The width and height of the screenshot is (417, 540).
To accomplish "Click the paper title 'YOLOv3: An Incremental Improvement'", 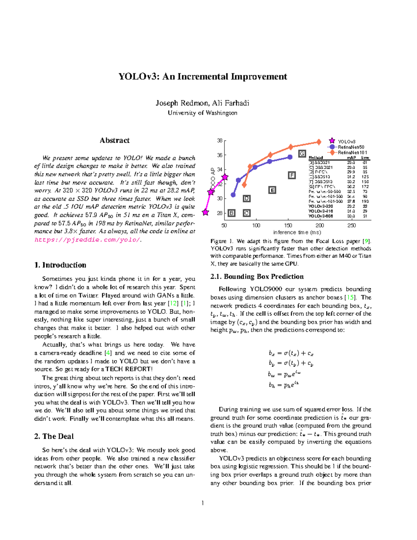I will coord(203,76).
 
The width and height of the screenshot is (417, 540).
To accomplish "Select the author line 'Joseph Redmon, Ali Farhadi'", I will coord(202,103).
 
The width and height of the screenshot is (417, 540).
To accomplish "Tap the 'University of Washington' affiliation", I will coord(202,113).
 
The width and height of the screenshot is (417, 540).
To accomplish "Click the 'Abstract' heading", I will coord(114,140).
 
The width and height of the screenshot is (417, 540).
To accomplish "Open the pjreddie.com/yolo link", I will coord(87,240).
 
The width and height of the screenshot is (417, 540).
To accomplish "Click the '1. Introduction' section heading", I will coord(60,265).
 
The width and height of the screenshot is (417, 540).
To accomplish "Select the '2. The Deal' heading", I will coord(54,436).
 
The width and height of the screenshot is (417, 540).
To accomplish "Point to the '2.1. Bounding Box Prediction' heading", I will coord(257,276).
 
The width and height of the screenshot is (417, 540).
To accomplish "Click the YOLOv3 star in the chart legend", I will coord(332,141).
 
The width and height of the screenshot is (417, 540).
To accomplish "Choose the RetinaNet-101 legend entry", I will coord(352,152).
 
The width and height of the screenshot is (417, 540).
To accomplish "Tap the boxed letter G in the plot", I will coord(302,154).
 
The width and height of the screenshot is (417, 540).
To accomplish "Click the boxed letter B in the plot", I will coord(231,213).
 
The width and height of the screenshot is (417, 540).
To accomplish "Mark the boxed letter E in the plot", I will coord(272,190).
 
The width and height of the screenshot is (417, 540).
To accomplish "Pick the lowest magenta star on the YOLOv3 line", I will coord(206,212).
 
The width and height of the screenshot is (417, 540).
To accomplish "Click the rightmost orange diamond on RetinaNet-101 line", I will coord(319,142).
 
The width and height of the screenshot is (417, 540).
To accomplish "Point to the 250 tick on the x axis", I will coord(351,225).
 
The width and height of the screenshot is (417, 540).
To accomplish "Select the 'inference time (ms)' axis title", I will coord(297,232).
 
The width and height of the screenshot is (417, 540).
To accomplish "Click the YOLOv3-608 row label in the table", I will coord(320,216).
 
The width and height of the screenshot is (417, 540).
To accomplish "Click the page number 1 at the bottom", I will coord(203,503).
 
